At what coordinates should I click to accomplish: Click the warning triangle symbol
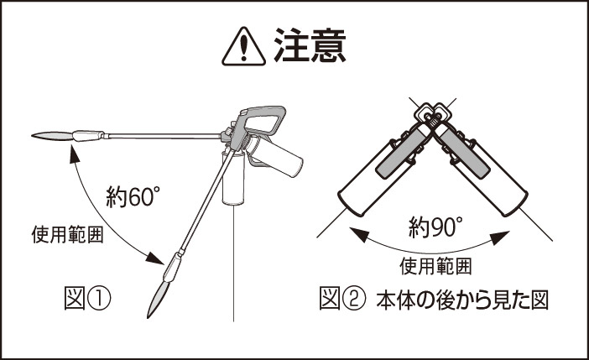tap(243, 47)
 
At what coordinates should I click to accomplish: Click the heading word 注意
tap(310, 45)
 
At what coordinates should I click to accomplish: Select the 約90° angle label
tap(435, 227)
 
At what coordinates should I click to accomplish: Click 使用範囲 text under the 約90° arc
tap(435, 266)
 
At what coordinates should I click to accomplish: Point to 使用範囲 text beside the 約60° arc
tap(67, 234)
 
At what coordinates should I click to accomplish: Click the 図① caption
tap(87, 299)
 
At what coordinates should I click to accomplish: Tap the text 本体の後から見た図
tap(462, 300)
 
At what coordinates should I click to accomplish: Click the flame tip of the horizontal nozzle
tap(51, 136)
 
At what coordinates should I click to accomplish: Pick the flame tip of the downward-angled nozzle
tap(157, 298)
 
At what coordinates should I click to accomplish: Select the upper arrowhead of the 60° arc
tap(74, 154)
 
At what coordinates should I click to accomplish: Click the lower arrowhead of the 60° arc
tap(155, 258)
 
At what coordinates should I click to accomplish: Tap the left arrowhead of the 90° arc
tap(358, 234)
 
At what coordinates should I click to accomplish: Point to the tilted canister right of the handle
tap(276, 156)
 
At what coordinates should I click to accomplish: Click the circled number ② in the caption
tap(353, 300)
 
